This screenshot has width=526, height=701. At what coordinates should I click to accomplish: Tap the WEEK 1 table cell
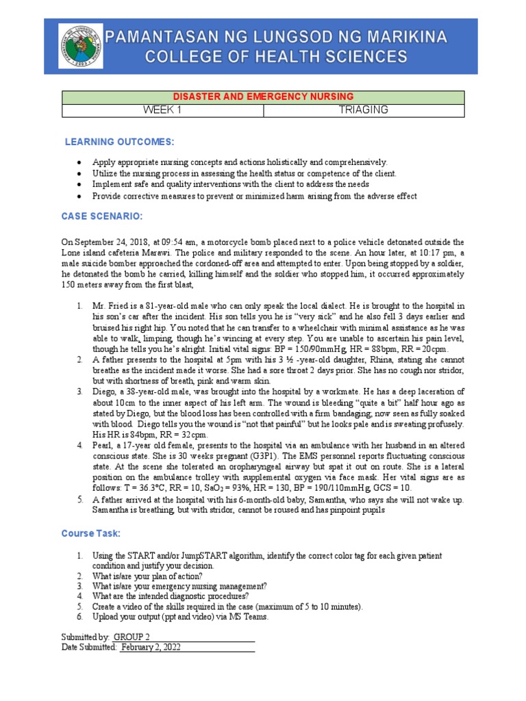pyautogui.click(x=162, y=110)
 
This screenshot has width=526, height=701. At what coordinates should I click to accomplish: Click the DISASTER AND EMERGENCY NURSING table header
pyautogui.click(x=263, y=97)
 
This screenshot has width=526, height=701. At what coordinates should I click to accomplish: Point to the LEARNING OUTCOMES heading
pyautogui.click(x=119, y=142)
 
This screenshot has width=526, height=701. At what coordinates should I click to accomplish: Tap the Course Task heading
pyautogui.click(x=91, y=533)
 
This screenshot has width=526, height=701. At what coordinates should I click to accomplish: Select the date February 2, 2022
pyautogui.click(x=151, y=647)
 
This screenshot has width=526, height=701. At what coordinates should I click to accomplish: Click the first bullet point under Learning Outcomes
pyautogui.click(x=81, y=163)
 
